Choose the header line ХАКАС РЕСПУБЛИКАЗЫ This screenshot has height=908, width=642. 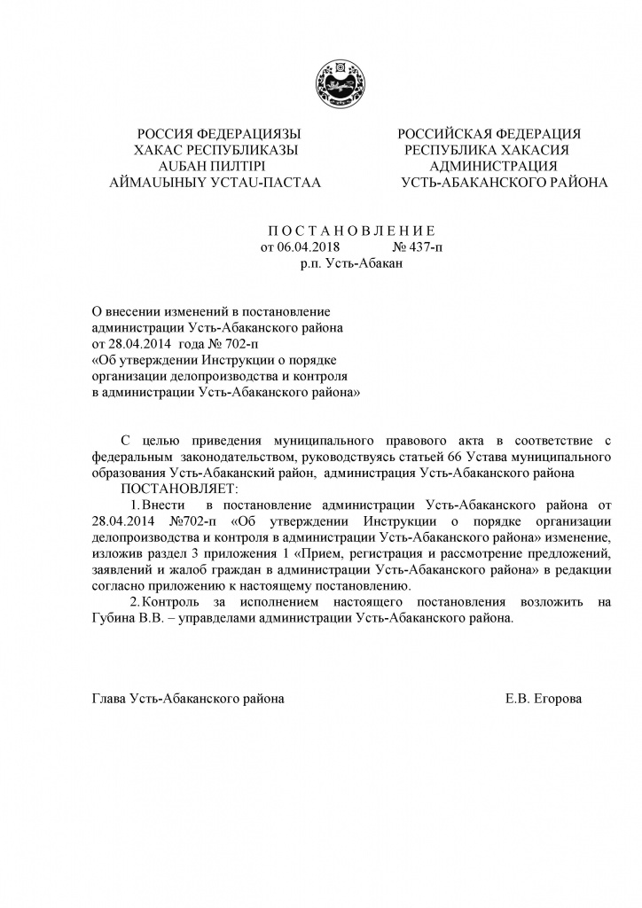(x=214, y=150)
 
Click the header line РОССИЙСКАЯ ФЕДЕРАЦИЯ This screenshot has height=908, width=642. (x=489, y=134)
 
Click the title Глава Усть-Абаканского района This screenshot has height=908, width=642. (x=189, y=699)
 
